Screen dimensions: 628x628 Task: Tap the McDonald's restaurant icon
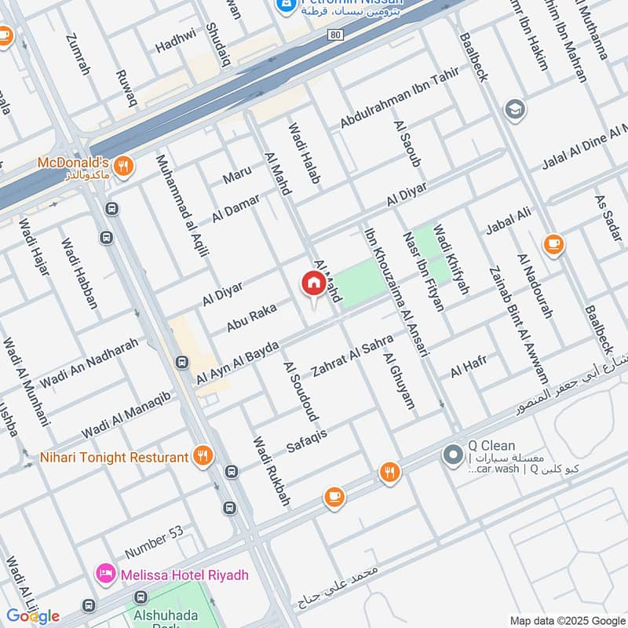point(123,166)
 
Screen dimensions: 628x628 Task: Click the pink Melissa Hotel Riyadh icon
point(105,575)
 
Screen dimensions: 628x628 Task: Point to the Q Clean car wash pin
point(453,455)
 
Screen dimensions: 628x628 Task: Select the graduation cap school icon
point(516,108)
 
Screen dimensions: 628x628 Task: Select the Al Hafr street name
point(469,366)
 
